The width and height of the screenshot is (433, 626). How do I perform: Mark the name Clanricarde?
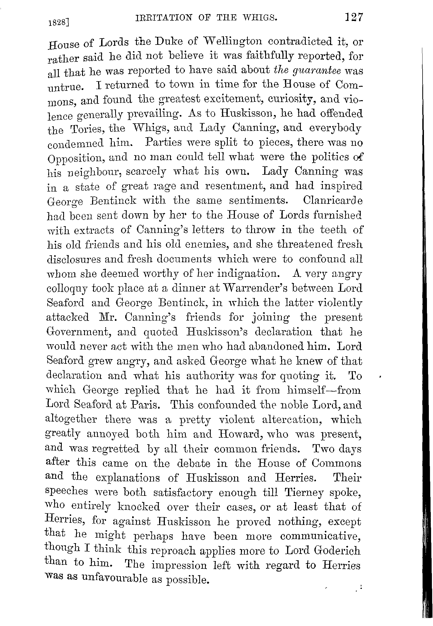click(x=333, y=200)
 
